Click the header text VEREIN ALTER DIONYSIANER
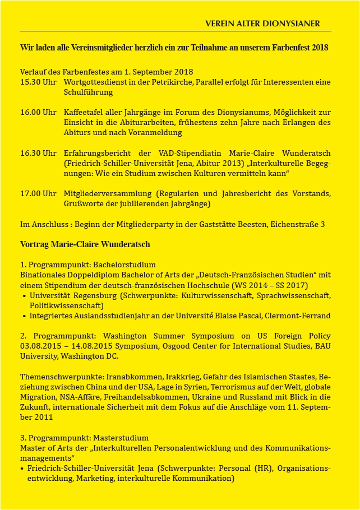[262, 24]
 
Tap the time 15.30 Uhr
[38, 82]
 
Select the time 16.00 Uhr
[38, 112]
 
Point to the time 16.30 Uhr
[38, 153]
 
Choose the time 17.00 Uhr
[38, 193]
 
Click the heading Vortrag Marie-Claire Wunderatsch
[85, 244]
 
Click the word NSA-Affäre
[75, 396]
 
